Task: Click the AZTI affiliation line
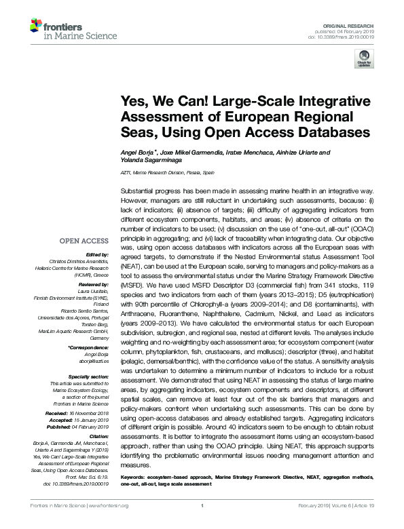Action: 166,173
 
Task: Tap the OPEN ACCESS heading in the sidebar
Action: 84,241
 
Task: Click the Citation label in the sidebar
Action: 98,435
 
